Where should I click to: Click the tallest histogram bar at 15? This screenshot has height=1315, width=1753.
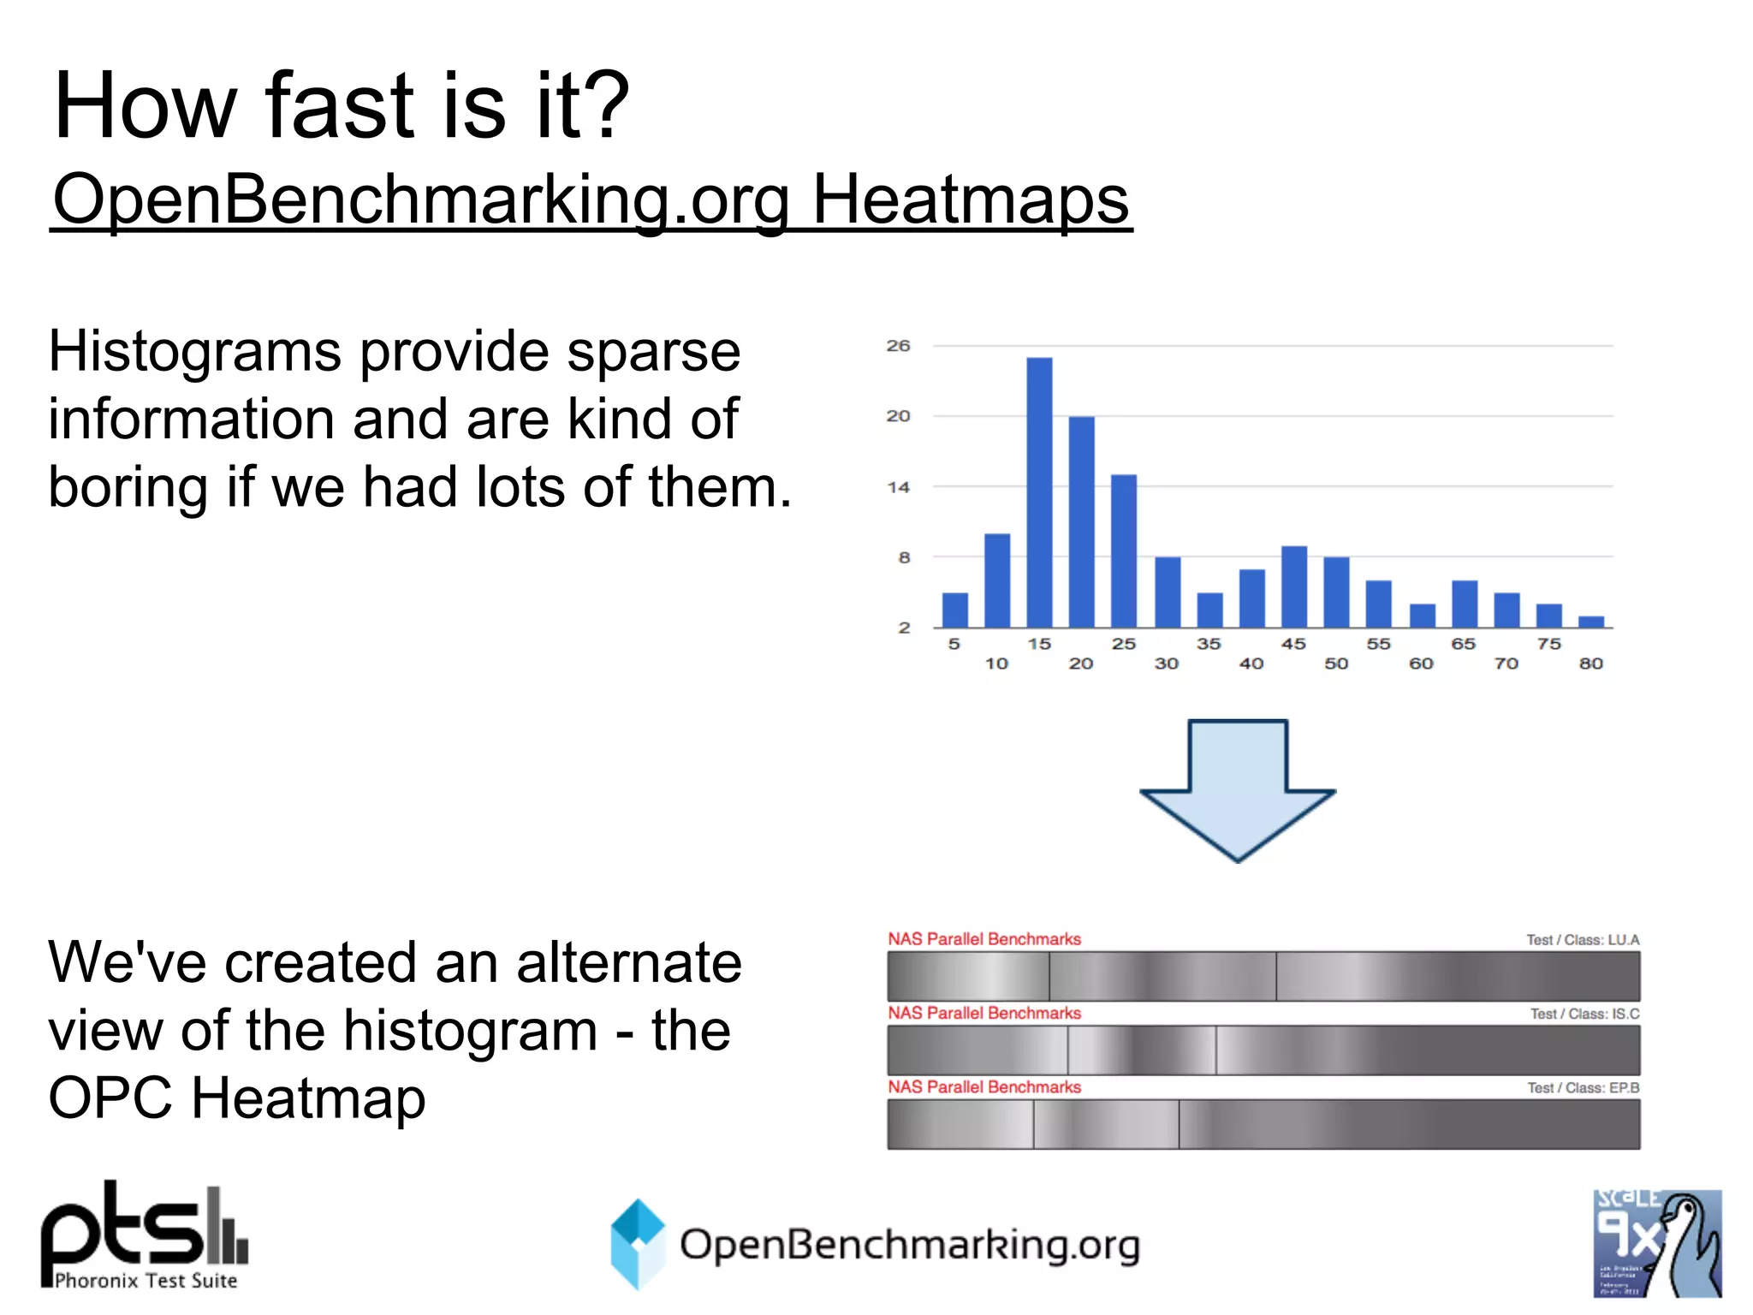[1038, 492]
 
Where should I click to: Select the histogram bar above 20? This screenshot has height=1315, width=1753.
[1081, 522]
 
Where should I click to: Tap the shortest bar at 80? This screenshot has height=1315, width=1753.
[1590, 622]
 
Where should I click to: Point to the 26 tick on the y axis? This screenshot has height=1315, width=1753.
[898, 346]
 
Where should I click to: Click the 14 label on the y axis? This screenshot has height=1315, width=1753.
[898, 487]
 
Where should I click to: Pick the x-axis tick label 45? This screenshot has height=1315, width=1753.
[1292, 644]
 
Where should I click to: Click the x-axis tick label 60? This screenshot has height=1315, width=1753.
[1421, 663]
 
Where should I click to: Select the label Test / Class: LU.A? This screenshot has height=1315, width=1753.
[1583, 940]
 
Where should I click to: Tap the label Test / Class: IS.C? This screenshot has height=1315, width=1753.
[1584, 1014]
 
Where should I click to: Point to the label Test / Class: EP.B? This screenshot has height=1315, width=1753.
[1583, 1088]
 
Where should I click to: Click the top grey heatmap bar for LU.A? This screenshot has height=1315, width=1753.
[1263, 976]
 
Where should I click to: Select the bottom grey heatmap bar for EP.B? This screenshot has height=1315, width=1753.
[1263, 1124]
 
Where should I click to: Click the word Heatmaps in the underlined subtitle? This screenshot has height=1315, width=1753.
[970, 199]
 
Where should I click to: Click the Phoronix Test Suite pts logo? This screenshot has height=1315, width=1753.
[145, 1235]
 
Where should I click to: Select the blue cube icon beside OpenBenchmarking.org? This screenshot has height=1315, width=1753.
[638, 1243]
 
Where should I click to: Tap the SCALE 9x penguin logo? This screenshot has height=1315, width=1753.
[1656, 1243]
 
